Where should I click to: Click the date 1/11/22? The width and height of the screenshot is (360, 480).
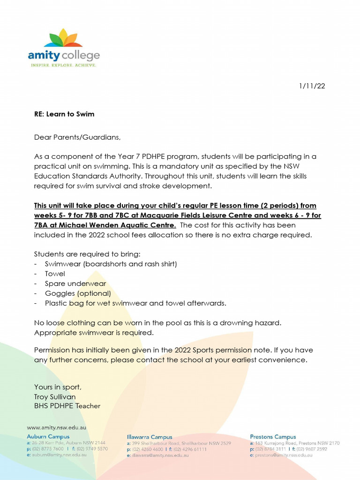point(312,86)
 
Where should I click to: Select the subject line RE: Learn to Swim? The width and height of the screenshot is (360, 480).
point(64,114)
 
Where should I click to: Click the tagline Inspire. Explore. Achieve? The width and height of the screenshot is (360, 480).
point(64,65)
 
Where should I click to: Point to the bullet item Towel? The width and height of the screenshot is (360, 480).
point(55,274)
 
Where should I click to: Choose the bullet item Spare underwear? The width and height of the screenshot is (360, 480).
point(75,284)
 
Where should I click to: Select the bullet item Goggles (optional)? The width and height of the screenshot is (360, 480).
point(78,293)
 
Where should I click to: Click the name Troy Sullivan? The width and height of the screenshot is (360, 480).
point(55,397)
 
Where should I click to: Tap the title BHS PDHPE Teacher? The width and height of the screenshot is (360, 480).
point(67,406)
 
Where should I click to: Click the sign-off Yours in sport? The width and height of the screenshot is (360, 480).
point(58,387)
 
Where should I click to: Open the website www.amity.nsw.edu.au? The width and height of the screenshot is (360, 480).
point(56,427)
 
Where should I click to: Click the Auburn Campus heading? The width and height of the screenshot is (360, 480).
point(48,436)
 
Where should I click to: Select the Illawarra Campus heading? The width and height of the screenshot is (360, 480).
point(150,437)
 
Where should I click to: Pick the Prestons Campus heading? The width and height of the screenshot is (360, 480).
point(273,436)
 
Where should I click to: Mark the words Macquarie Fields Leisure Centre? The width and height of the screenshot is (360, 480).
point(213,215)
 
